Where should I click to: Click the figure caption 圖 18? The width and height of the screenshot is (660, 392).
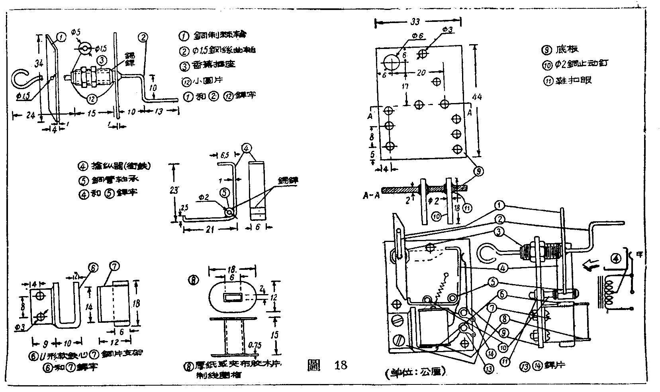click(x=327, y=365)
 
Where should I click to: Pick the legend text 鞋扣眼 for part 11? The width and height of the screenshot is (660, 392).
click(x=574, y=80)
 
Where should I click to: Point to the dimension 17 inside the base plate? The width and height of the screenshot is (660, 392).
click(x=405, y=86)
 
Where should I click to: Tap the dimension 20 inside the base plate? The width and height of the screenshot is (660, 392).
click(x=421, y=73)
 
